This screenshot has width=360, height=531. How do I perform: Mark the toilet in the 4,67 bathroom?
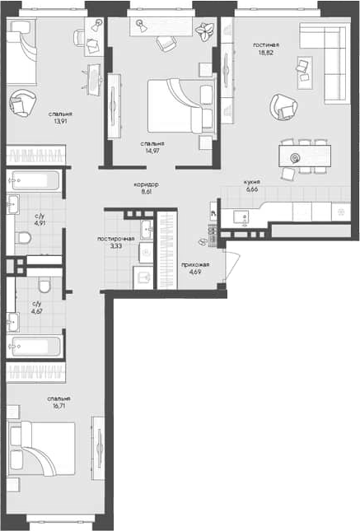[45, 285]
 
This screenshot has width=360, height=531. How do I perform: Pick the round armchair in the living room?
[283, 106]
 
